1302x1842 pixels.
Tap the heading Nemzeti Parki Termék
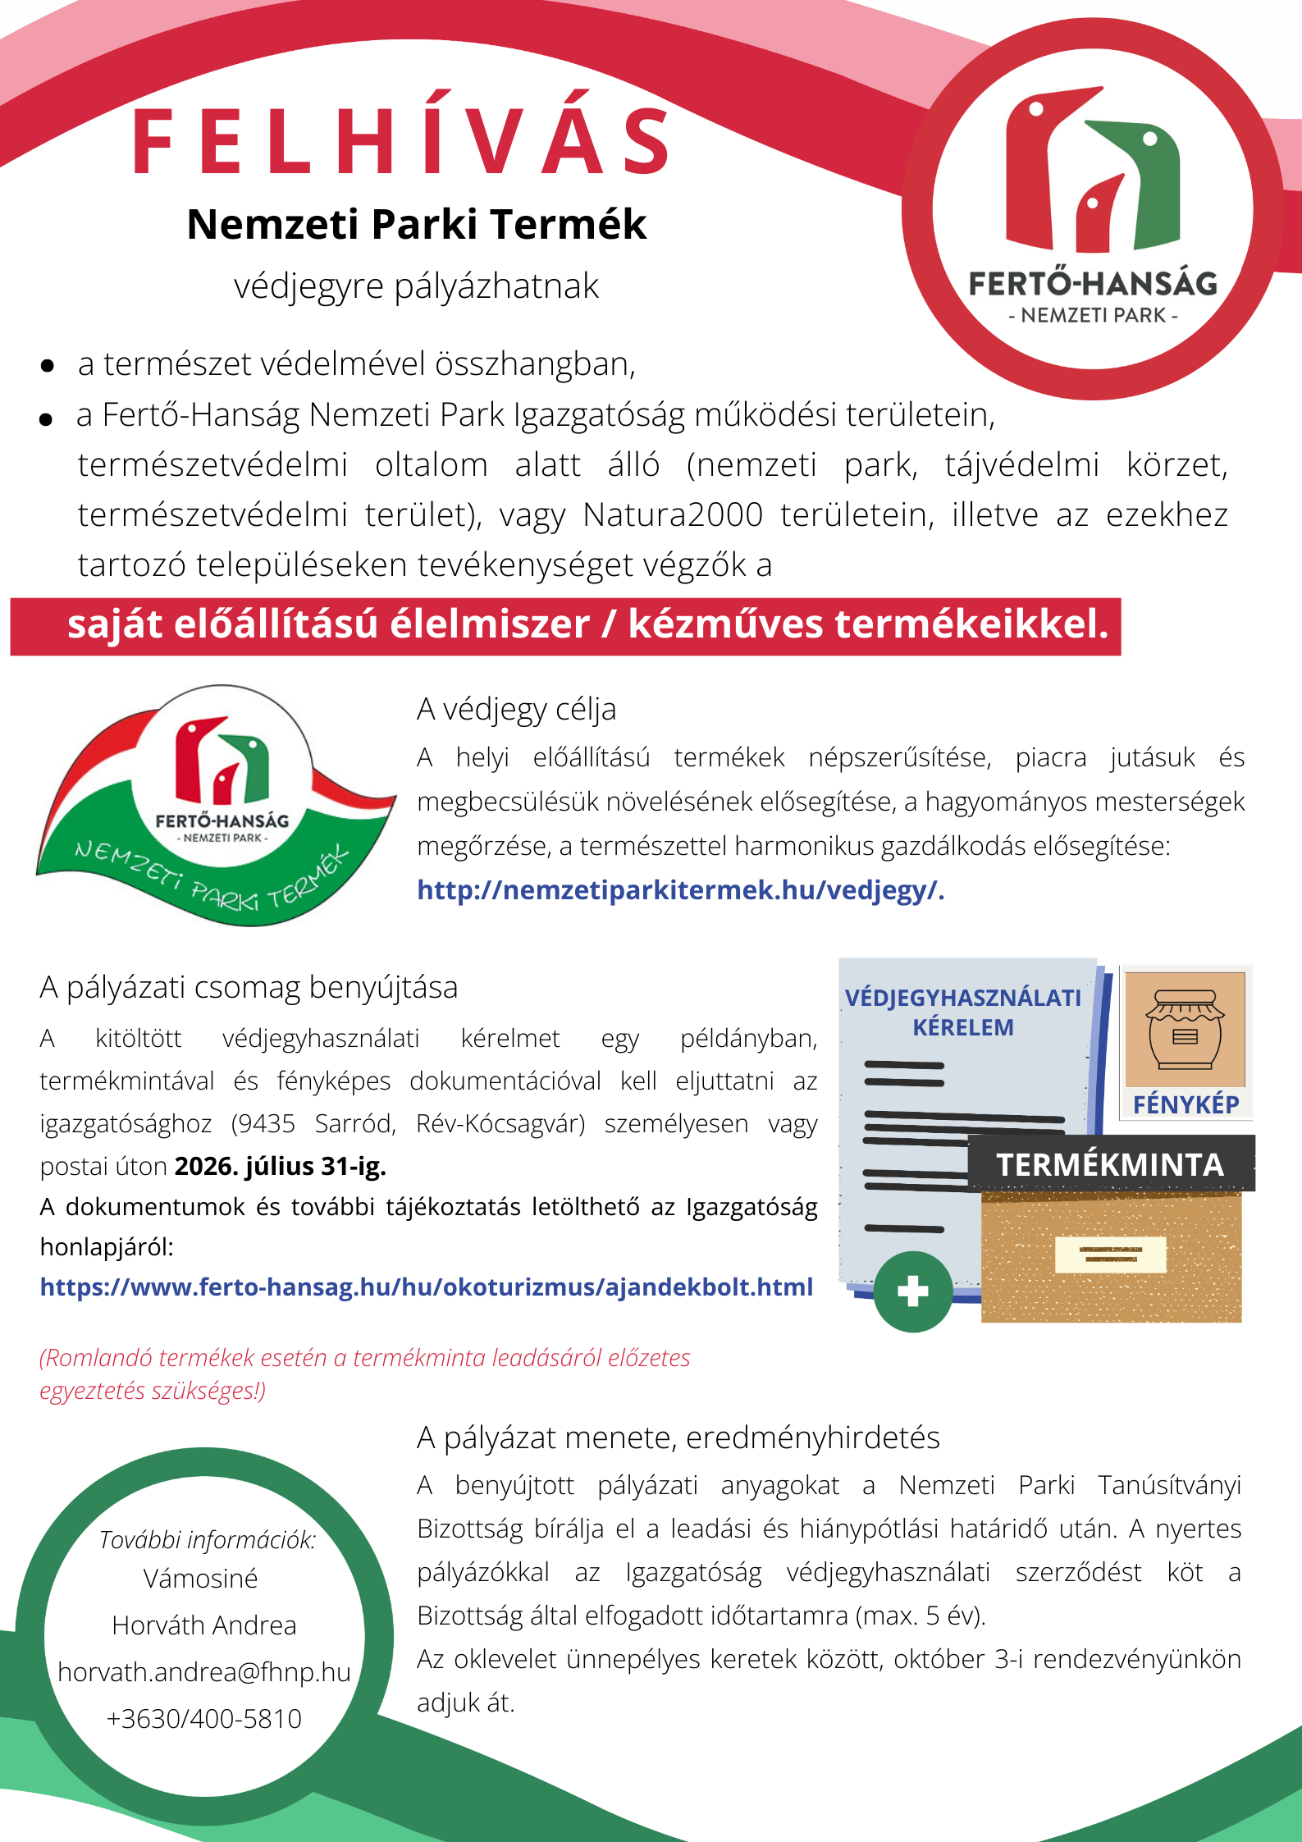pos(417,224)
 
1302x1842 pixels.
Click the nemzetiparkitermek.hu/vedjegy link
pos(680,890)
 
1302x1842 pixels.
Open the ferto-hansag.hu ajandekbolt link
pos(426,1287)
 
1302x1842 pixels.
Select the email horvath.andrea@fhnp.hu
pos(204,1671)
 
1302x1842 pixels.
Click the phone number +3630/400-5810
pos(204,1718)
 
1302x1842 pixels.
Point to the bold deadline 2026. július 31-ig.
pos(280,1166)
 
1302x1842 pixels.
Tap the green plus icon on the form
pos(912,1291)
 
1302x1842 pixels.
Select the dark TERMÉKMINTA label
pos(1110,1164)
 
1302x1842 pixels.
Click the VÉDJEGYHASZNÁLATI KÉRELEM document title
pos(963,1012)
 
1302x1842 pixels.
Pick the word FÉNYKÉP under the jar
pos(1186,1104)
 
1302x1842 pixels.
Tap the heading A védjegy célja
pos(516,709)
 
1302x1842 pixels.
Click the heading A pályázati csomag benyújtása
pos(249,987)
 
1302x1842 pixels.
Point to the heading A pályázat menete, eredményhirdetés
pos(678,1437)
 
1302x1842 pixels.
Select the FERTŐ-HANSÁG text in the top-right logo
pos(1093,284)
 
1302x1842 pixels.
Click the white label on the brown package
pos(1110,1254)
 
